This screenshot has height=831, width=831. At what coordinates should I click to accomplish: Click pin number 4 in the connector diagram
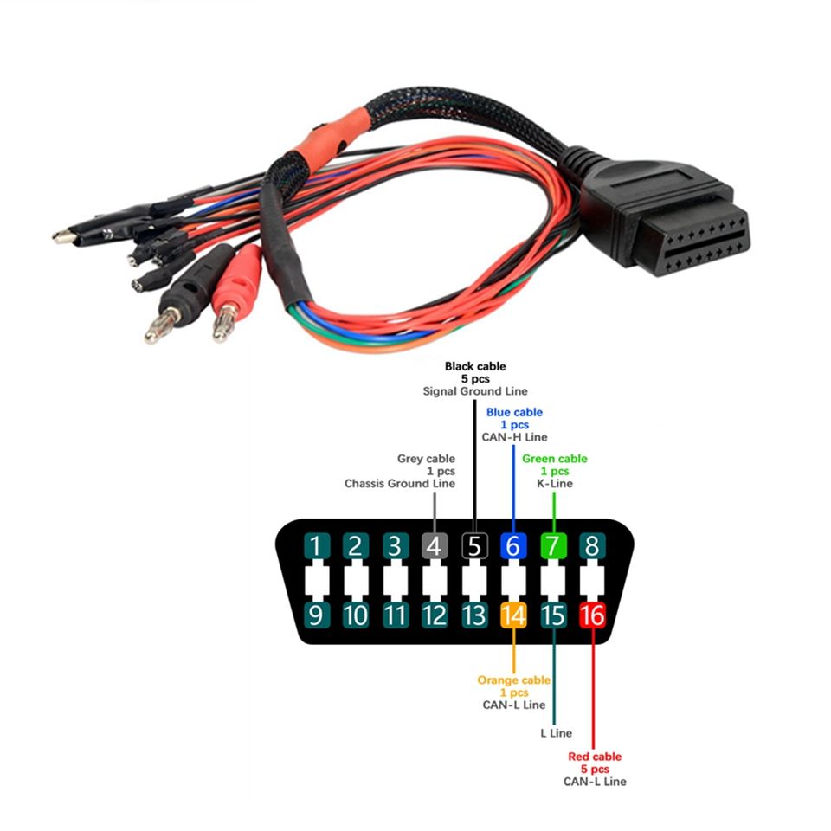[x=435, y=546]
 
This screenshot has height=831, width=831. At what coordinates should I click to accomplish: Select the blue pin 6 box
[x=513, y=546]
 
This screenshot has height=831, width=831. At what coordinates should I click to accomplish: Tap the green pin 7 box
[x=553, y=546]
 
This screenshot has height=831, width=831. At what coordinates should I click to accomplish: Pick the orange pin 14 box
[x=513, y=615]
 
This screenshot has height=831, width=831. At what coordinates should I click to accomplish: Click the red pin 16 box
[x=593, y=615]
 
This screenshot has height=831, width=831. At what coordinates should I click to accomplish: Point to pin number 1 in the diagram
[x=316, y=546]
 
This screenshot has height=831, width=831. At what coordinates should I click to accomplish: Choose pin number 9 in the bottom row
[x=316, y=615]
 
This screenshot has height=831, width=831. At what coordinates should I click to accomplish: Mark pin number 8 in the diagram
[x=593, y=546]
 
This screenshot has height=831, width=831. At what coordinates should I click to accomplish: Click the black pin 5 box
[x=474, y=546]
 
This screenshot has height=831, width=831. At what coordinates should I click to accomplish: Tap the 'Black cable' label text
[x=475, y=366]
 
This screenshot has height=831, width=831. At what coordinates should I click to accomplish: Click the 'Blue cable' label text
[x=514, y=412]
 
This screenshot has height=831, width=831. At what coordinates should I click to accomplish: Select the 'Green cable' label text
[x=555, y=459]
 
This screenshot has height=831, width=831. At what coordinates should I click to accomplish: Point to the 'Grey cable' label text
[x=426, y=459]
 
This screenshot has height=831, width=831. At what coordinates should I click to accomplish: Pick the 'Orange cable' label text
[x=513, y=680]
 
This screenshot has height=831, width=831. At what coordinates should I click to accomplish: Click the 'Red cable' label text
[x=595, y=757]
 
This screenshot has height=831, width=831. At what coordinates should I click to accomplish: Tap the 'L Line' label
[x=555, y=733]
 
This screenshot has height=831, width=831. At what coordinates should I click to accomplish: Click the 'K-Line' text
[x=555, y=483]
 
